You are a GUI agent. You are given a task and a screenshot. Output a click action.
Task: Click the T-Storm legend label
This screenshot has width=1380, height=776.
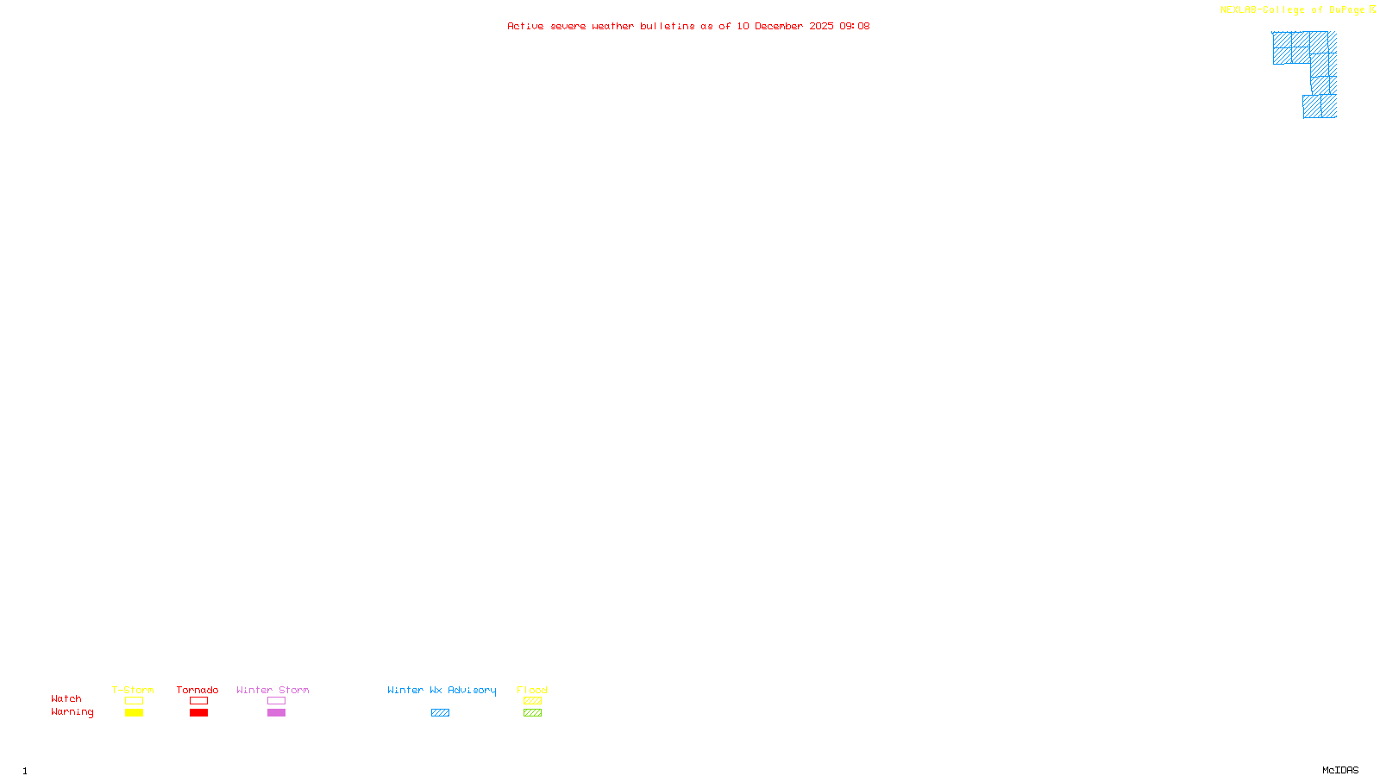coord(133,690)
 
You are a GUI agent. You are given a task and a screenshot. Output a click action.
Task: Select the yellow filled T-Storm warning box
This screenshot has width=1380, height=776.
coord(134,713)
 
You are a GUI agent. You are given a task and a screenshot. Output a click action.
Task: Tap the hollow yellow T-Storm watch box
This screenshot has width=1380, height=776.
coord(134,701)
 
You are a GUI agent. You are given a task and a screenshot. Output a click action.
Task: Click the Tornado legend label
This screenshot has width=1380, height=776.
coord(198,690)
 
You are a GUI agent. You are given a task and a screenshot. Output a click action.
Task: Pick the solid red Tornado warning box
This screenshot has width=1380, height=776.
coord(198,713)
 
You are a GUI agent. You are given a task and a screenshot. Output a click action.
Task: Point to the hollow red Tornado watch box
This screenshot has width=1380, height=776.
coord(198,701)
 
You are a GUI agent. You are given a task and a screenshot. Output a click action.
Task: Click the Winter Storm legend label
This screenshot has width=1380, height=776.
coord(273,690)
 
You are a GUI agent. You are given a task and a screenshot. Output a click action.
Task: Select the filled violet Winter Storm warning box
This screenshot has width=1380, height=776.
coord(276,713)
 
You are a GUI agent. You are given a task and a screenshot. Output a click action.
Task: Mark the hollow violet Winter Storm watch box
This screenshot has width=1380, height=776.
coord(276,701)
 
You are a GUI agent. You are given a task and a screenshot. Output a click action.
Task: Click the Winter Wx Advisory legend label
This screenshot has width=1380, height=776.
coord(442,690)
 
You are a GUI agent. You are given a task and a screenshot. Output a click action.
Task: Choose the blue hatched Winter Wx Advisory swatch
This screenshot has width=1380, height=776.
coord(440,713)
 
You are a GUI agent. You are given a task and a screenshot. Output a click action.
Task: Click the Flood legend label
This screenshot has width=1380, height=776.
coord(532,690)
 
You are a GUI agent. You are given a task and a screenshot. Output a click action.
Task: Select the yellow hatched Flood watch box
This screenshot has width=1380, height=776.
coord(532,701)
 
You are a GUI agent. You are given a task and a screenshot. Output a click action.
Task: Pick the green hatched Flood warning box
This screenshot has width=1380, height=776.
coord(532,713)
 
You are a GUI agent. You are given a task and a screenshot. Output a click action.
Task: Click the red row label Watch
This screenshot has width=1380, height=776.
coord(66,699)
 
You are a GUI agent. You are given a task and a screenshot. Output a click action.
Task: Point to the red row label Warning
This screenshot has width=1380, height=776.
coord(72,712)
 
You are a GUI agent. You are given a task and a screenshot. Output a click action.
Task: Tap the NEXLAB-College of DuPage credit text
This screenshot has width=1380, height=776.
coord(1293,10)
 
